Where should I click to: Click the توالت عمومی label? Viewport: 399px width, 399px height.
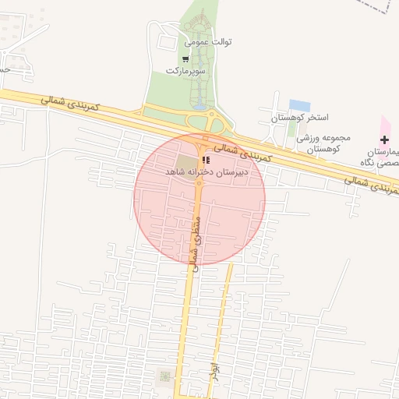[x=209, y=41]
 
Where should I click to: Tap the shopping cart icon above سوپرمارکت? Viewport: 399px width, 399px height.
[x=185, y=58]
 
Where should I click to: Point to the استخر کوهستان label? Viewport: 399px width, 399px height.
[x=295, y=118]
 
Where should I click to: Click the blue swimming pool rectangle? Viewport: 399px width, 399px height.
[x=299, y=105]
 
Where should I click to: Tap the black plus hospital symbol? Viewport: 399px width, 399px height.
[x=385, y=139]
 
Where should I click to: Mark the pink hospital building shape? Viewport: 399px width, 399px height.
[x=385, y=125]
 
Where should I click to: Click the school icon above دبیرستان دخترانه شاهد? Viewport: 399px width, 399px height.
[x=205, y=159]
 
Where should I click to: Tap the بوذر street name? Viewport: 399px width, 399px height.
[x=214, y=371]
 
